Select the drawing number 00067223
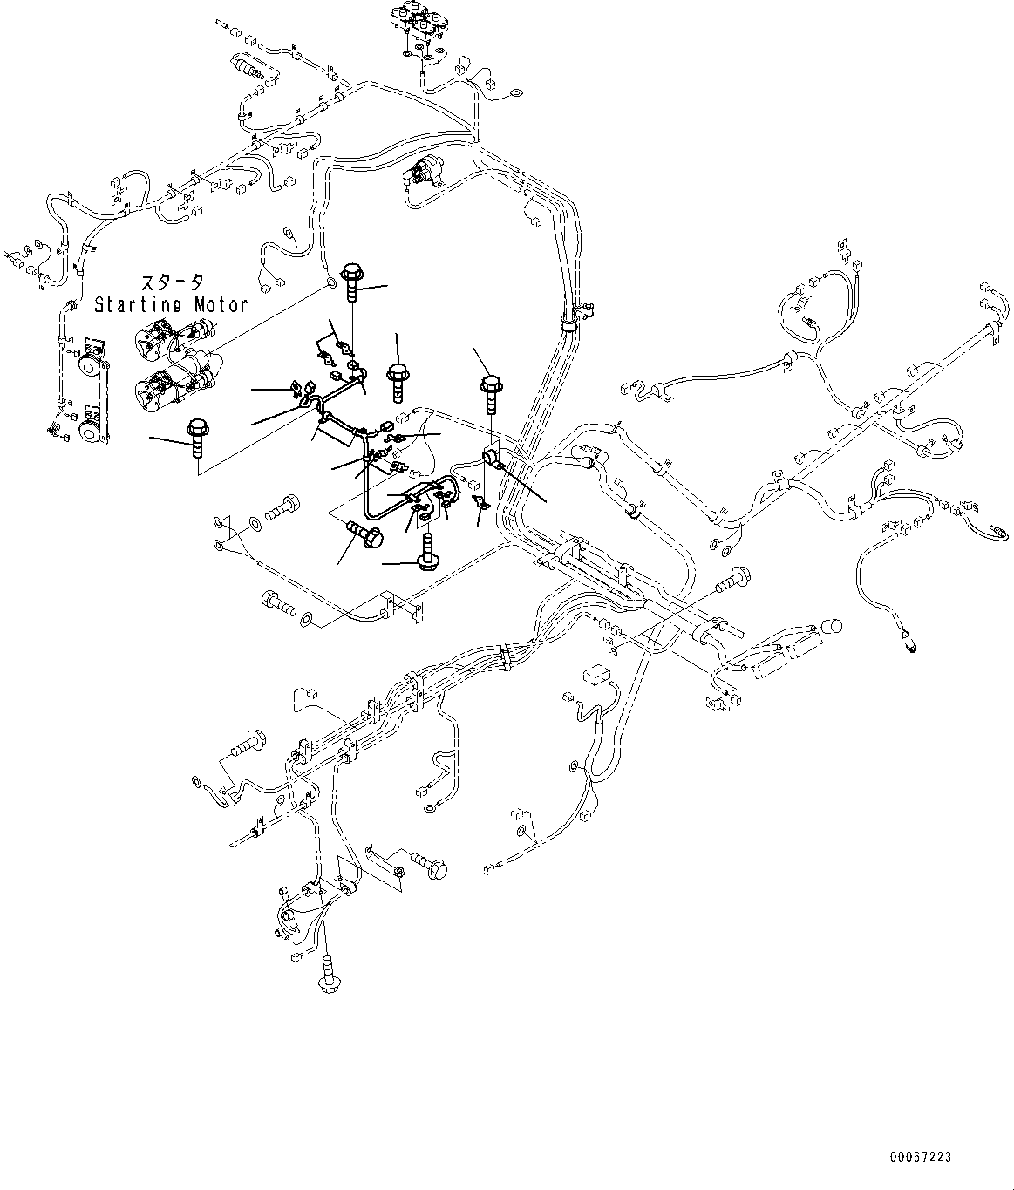(921, 1158)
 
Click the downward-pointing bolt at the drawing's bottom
(329, 972)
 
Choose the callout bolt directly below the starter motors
(196, 436)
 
